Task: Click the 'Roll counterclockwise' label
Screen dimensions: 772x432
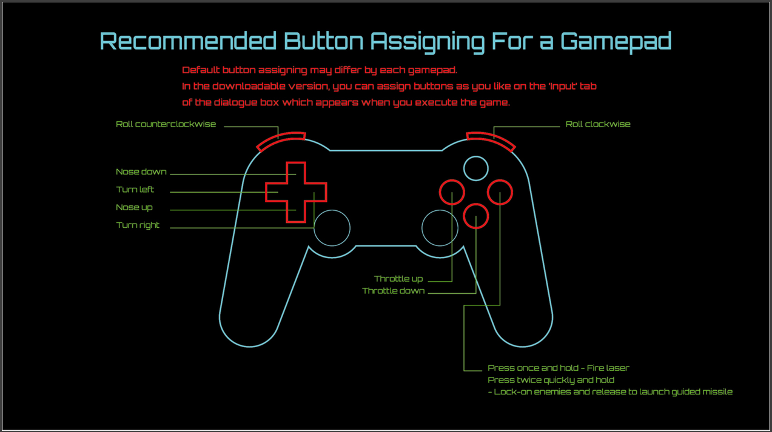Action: [x=166, y=124]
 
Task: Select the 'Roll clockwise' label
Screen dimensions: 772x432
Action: [x=598, y=124]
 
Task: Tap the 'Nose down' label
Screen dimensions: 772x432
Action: [x=141, y=171]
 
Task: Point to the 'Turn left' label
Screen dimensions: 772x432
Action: [x=135, y=189]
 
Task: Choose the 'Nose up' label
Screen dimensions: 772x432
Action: [x=134, y=207]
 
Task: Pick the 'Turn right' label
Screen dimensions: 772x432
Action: [x=138, y=225]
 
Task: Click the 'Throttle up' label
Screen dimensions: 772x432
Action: [x=398, y=279]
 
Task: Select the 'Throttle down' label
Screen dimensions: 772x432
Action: [x=393, y=291]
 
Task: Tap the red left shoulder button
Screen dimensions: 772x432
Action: [x=280, y=138]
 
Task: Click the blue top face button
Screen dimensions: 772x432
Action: [x=476, y=156]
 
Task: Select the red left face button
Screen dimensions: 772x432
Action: [x=452, y=180]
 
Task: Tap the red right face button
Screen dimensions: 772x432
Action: [x=500, y=180]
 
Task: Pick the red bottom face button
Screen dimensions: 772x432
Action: [x=476, y=204]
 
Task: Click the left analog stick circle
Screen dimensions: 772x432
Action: [x=332, y=210]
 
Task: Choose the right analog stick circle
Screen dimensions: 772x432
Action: [x=440, y=210]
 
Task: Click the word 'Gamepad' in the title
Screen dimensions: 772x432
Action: [x=616, y=41]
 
